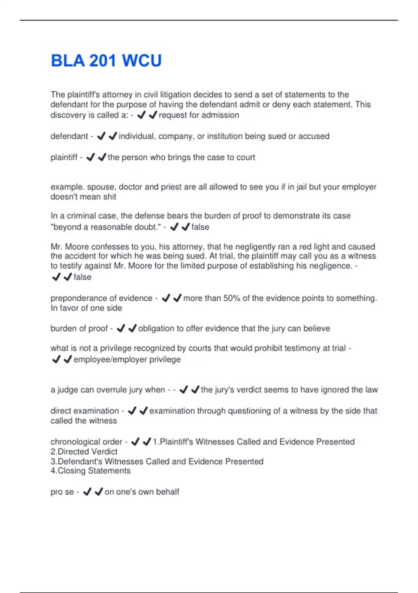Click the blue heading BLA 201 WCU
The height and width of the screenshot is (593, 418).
pyautogui.click(x=106, y=61)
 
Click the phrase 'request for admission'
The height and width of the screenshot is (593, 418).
pyautogui.click(x=199, y=115)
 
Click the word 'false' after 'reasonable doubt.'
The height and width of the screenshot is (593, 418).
pyautogui.click(x=200, y=227)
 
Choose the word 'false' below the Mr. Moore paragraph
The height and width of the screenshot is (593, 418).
pyautogui.click(x=83, y=277)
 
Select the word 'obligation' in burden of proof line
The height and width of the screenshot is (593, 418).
pyautogui.click(x=156, y=329)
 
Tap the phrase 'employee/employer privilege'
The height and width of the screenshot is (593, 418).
pyautogui.click(x=127, y=360)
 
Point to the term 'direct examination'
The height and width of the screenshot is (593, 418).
pyautogui.click(x=85, y=411)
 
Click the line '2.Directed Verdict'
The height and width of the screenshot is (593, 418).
pyautogui.click(x=84, y=452)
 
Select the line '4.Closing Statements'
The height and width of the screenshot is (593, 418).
pyautogui.click(x=91, y=471)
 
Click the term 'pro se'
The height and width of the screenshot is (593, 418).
pyautogui.click(x=62, y=492)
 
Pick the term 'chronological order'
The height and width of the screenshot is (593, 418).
pyautogui.click(x=86, y=442)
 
